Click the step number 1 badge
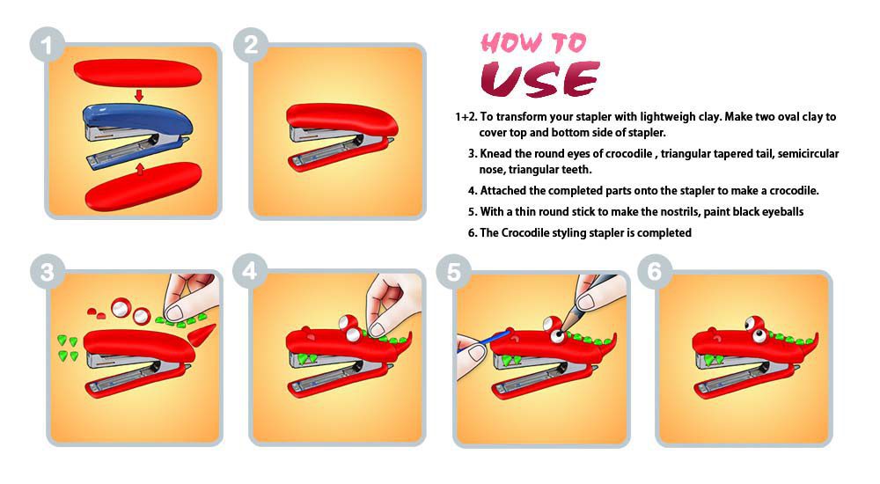(48, 45)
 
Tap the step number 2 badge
(251, 45)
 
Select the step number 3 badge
(48, 272)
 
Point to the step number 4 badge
(250, 271)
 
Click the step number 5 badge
(453, 272)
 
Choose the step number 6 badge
(655, 271)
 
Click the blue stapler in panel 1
(137, 135)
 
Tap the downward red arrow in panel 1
(139, 95)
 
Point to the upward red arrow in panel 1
(140, 169)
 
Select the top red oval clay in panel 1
(137, 73)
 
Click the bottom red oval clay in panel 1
(143, 187)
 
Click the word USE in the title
(540, 78)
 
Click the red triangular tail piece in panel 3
(202, 335)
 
